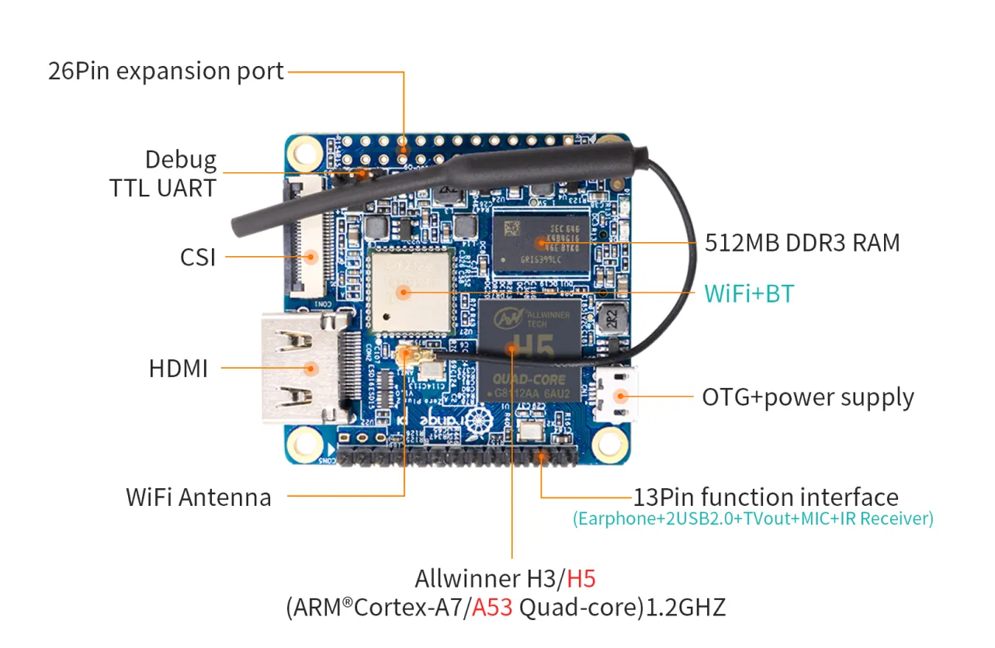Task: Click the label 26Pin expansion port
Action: tap(166, 71)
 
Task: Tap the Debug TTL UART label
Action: tap(164, 173)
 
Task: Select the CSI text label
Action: tap(198, 257)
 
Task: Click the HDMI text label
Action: tap(179, 369)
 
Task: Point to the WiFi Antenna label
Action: tap(199, 497)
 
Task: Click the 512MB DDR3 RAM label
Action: tap(803, 243)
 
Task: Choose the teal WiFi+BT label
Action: tap(749, 293)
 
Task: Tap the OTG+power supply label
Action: tap(808, 397)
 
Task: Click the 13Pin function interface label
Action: tap(765, 497)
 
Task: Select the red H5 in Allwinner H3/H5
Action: tap(581, 579)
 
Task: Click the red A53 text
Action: tap(492, 608)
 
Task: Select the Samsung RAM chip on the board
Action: tap(541, 241)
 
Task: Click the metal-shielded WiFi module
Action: tap(410, 289)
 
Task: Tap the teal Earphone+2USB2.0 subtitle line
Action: tap(753, 518)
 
